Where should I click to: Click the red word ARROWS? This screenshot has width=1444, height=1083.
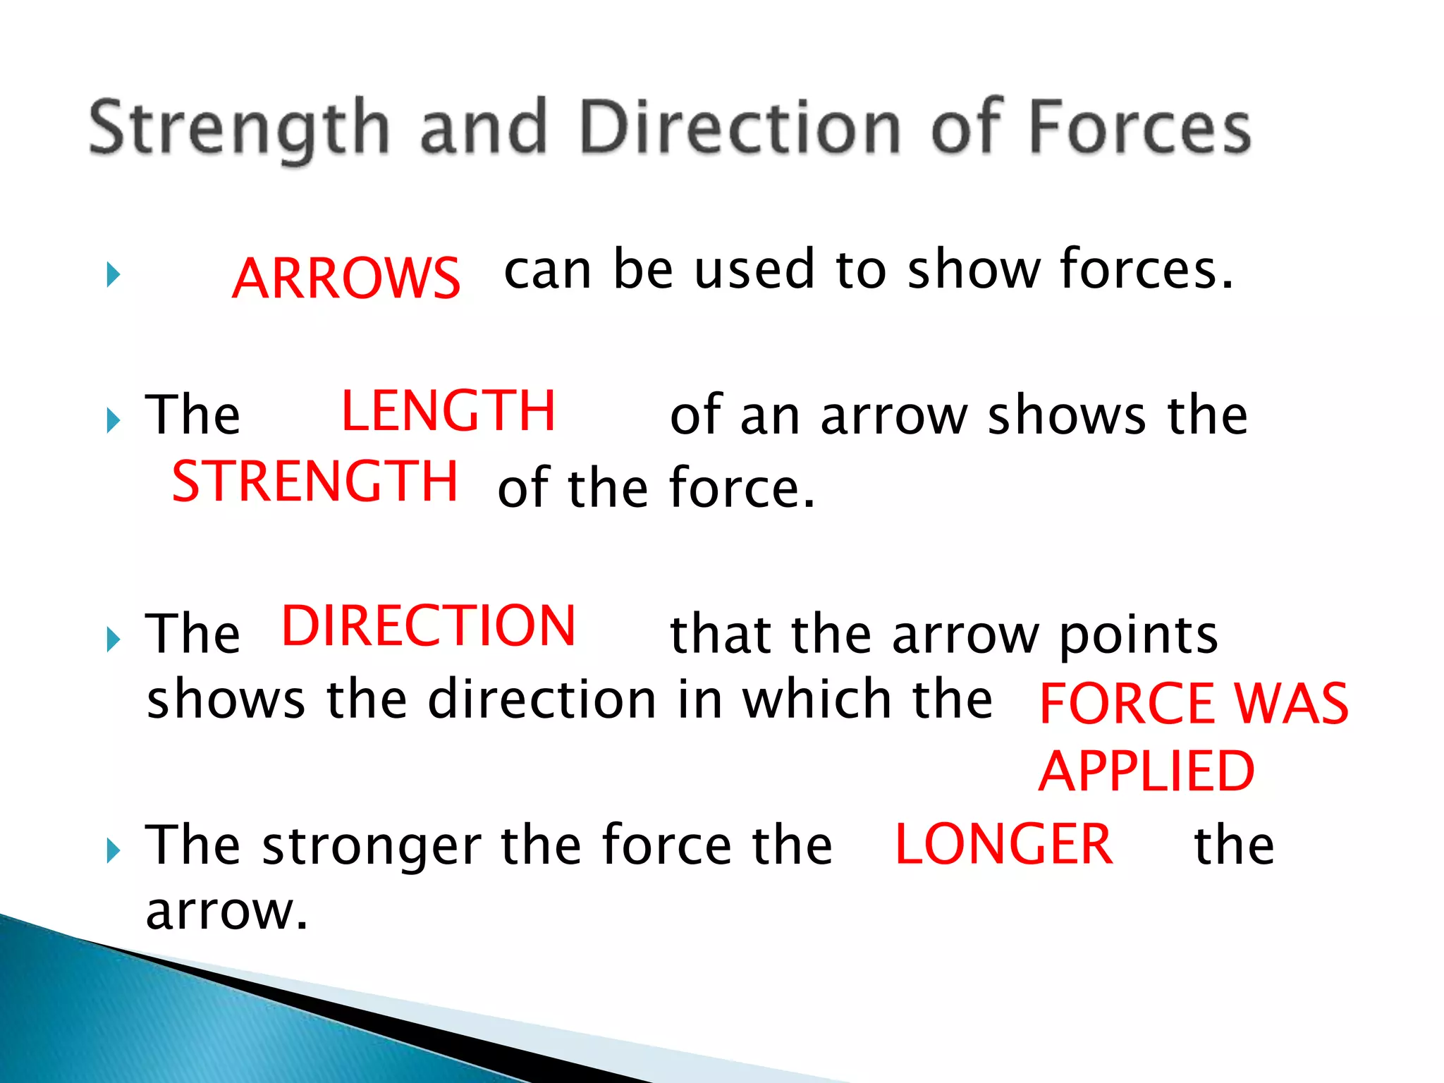click(345, 278)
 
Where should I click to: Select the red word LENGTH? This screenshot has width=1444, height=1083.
click(448, 411)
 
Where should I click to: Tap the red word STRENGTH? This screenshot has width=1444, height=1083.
click(314, 482)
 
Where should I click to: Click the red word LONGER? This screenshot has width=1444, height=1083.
click(1003, 844)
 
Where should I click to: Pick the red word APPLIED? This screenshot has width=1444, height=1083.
click(1146, 771)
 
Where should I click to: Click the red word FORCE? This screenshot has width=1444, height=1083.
click(1127, 704)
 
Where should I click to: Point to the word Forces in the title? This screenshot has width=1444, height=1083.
click(1140, 127)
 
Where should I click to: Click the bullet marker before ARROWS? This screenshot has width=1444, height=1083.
click(114, 274)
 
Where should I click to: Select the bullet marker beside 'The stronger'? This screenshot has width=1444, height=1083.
click(114, 851)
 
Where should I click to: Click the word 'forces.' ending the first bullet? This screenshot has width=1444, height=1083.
click(1146, 270)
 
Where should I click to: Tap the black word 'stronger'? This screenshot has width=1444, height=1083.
click(372, 846)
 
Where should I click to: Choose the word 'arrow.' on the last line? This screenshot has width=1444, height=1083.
click(226, 911)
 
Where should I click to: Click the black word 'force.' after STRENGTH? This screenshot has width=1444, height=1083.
click(742, 488)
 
